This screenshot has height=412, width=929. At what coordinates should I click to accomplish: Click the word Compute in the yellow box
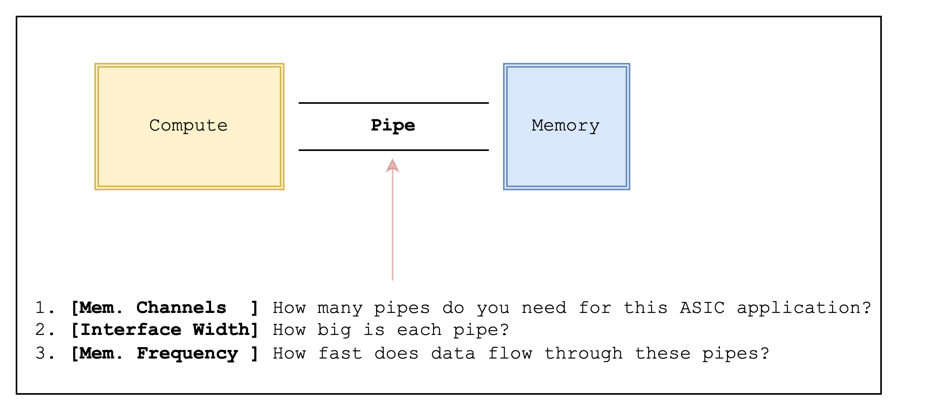coord(188,126)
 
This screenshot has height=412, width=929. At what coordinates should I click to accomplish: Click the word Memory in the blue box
coord(565,126)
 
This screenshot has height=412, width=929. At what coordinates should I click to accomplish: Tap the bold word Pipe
coord(393,126)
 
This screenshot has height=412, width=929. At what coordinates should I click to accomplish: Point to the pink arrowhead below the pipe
coord(393,166)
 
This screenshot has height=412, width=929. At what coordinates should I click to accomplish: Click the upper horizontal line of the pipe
coord(393,103)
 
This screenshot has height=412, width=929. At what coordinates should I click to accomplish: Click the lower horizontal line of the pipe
coord(393,150)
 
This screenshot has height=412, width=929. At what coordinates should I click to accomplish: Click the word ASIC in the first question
coord(702,308)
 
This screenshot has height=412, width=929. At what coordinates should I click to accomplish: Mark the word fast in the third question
coord(340,353)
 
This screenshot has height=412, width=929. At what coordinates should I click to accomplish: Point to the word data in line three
coord(453,353)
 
